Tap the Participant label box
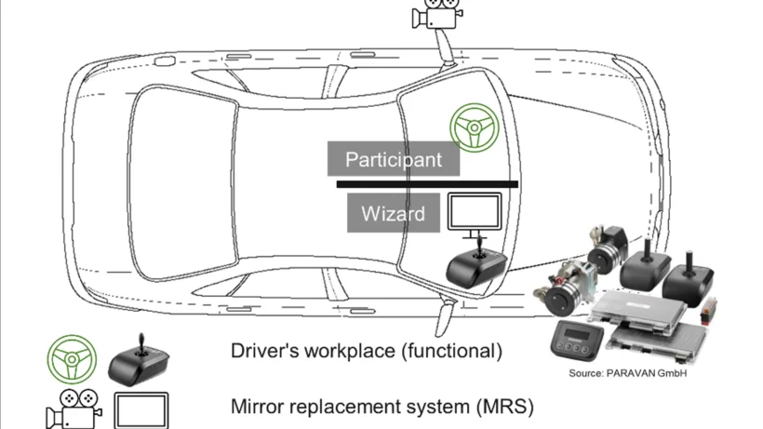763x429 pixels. (x=394, y=159)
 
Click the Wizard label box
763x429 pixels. (x=393, y=213)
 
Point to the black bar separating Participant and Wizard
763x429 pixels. (x=427, y=184)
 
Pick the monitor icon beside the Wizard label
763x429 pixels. (x=475, y=213)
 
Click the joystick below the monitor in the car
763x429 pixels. (x=476, y=265)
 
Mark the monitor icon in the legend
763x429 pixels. (x=141, y=409)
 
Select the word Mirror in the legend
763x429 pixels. (x=256, y=407)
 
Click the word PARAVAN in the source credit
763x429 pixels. (x=630, y=373)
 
